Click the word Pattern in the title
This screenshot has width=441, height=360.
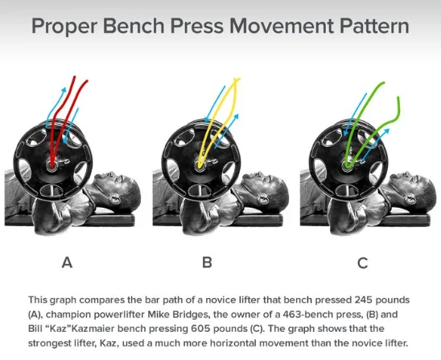[x=374, y=26]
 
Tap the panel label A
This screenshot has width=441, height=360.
[x=68, y=263]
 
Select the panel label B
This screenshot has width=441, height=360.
[x=207, y=263]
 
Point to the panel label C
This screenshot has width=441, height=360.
[x=362, y=263]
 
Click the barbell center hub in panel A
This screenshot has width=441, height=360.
[x=52, y=167]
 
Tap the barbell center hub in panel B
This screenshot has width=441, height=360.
[x=200, y=166]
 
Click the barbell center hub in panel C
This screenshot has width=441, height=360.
[x=348, y=166]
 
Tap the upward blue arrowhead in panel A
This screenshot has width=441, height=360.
[x=64, y=89]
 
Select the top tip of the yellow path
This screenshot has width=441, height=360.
[x=237, y=79]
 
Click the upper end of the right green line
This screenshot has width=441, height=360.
[x=398, y=98]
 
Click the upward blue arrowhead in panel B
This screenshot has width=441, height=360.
[x=237, y=116]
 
